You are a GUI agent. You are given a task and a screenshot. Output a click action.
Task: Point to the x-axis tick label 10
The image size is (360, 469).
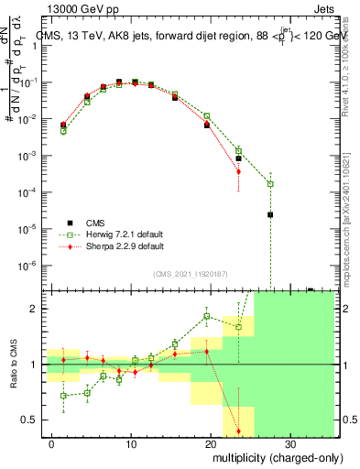pos(130,441)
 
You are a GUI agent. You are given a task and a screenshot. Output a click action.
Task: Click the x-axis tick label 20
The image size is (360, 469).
pos(210,441)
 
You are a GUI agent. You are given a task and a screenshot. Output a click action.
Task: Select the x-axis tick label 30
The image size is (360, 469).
pos(289,441)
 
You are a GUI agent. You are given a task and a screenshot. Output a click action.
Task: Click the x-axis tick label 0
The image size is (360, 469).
pos(51,441)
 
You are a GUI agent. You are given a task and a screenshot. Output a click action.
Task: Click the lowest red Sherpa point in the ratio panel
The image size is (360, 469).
pos(238,431)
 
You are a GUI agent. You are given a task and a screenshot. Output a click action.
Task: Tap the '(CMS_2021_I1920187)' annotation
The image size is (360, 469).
pos(189,273)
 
